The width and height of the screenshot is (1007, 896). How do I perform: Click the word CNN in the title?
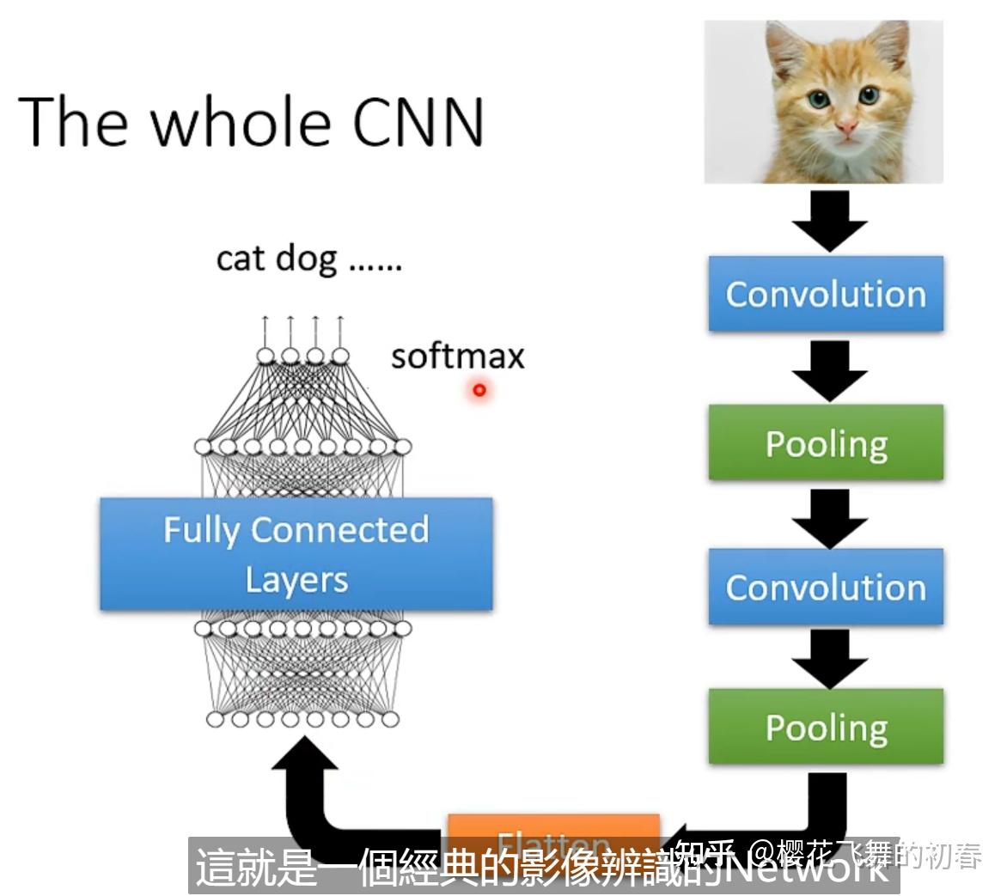coord(418,121)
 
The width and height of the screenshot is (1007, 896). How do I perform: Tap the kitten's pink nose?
coord(847,130)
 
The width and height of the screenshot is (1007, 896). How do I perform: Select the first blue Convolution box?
coord(826,294)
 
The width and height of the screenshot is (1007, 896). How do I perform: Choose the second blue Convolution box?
coord(826,588)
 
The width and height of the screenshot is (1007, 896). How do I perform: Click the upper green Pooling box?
coord(826,443)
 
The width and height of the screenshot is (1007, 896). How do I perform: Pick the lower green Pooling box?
coord(826,727)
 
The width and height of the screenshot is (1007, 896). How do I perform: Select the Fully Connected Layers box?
coord(296,554)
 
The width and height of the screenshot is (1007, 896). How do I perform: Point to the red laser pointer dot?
coord(479,390)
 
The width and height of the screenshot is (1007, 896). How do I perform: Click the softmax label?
coord(457,357)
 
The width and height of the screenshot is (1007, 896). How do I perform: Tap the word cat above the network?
coord(241,258)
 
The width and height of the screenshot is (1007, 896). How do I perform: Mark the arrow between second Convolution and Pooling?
coord(829,658)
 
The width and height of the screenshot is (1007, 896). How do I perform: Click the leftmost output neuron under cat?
coord(265,356)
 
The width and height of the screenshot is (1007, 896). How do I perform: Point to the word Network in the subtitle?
coord(808,870)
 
